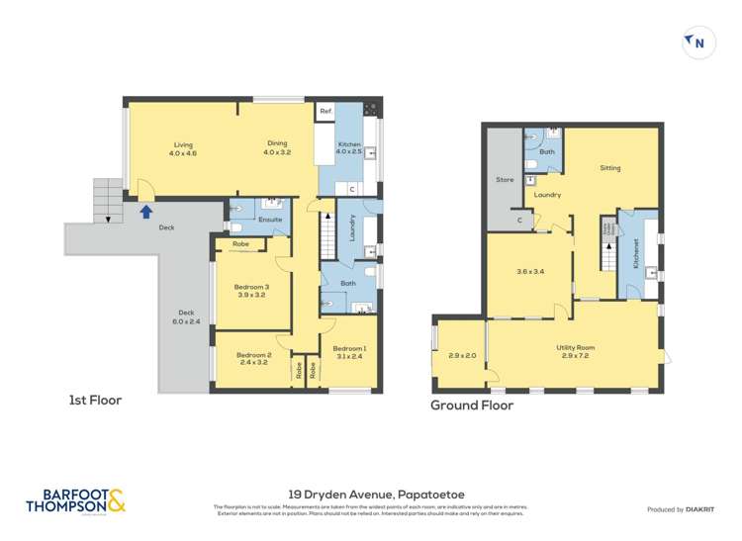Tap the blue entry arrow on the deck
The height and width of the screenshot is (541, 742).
pos(146,210)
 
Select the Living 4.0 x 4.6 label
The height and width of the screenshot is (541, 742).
pos(182,149)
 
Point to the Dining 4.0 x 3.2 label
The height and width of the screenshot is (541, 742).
pos(277,148)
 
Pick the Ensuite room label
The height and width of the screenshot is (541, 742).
pos(270,219)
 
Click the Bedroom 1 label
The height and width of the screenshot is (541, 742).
pos(348,353)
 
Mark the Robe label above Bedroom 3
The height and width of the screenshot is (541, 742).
pos(240,243)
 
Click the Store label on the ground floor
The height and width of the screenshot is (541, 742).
pos(505,180)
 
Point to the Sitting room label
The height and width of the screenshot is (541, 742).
pos(610,168)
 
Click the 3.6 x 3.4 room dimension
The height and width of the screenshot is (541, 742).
pos(530,271)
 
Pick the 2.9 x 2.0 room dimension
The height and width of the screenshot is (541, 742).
pos(462,356)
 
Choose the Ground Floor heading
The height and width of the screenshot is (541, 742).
pos(472,406)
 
